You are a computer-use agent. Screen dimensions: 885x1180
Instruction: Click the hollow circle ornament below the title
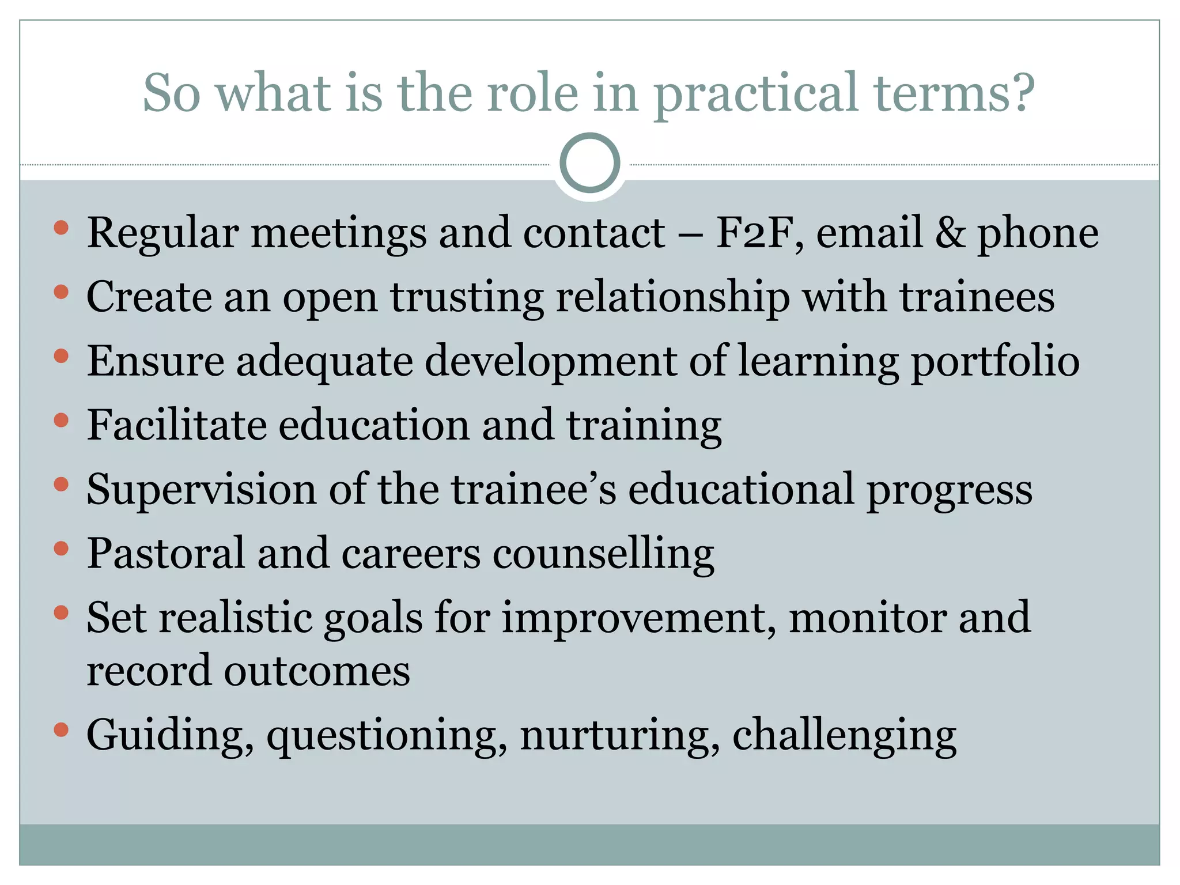(x=589, y=162)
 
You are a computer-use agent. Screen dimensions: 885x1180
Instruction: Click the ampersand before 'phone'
(x=950, y=233)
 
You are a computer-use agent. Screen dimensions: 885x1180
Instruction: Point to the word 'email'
(x=869, y=233)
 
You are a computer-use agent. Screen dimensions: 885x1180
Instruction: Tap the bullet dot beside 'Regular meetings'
(x=61, y=228)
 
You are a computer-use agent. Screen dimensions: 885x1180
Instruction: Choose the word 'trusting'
(x=467, y=298)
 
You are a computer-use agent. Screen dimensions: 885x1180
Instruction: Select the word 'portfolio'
(x=994, y=362)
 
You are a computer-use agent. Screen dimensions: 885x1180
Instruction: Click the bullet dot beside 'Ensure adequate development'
(x=61, y=357)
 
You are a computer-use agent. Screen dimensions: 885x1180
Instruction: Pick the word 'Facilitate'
(x=176, y=425)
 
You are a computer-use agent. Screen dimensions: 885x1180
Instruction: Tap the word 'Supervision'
(x=201, y=490)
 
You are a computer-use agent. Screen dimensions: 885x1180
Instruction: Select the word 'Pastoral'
(x=165, y=554)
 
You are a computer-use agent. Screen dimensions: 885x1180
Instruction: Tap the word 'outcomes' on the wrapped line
(x=317, y=671)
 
